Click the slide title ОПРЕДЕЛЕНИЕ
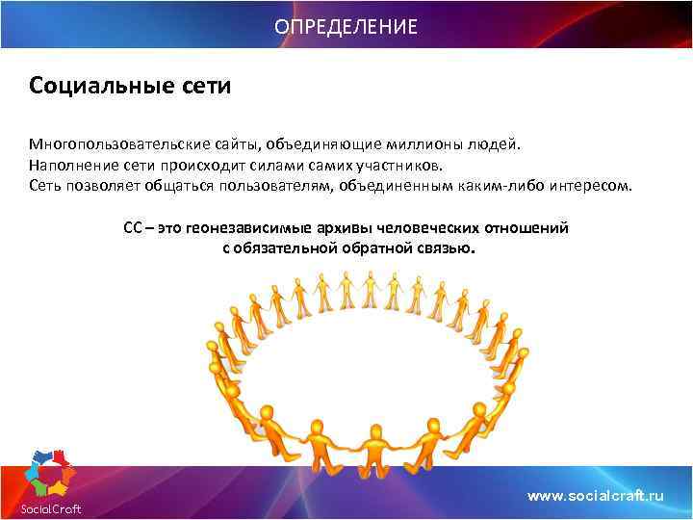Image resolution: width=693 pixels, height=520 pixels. (346, 26)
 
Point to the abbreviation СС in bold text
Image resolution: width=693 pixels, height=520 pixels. (133, 228)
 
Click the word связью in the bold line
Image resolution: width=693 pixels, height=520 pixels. (449, 247)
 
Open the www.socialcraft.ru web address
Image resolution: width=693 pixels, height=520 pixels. (597, 495)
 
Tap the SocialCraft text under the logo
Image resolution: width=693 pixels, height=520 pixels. (52, 508)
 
